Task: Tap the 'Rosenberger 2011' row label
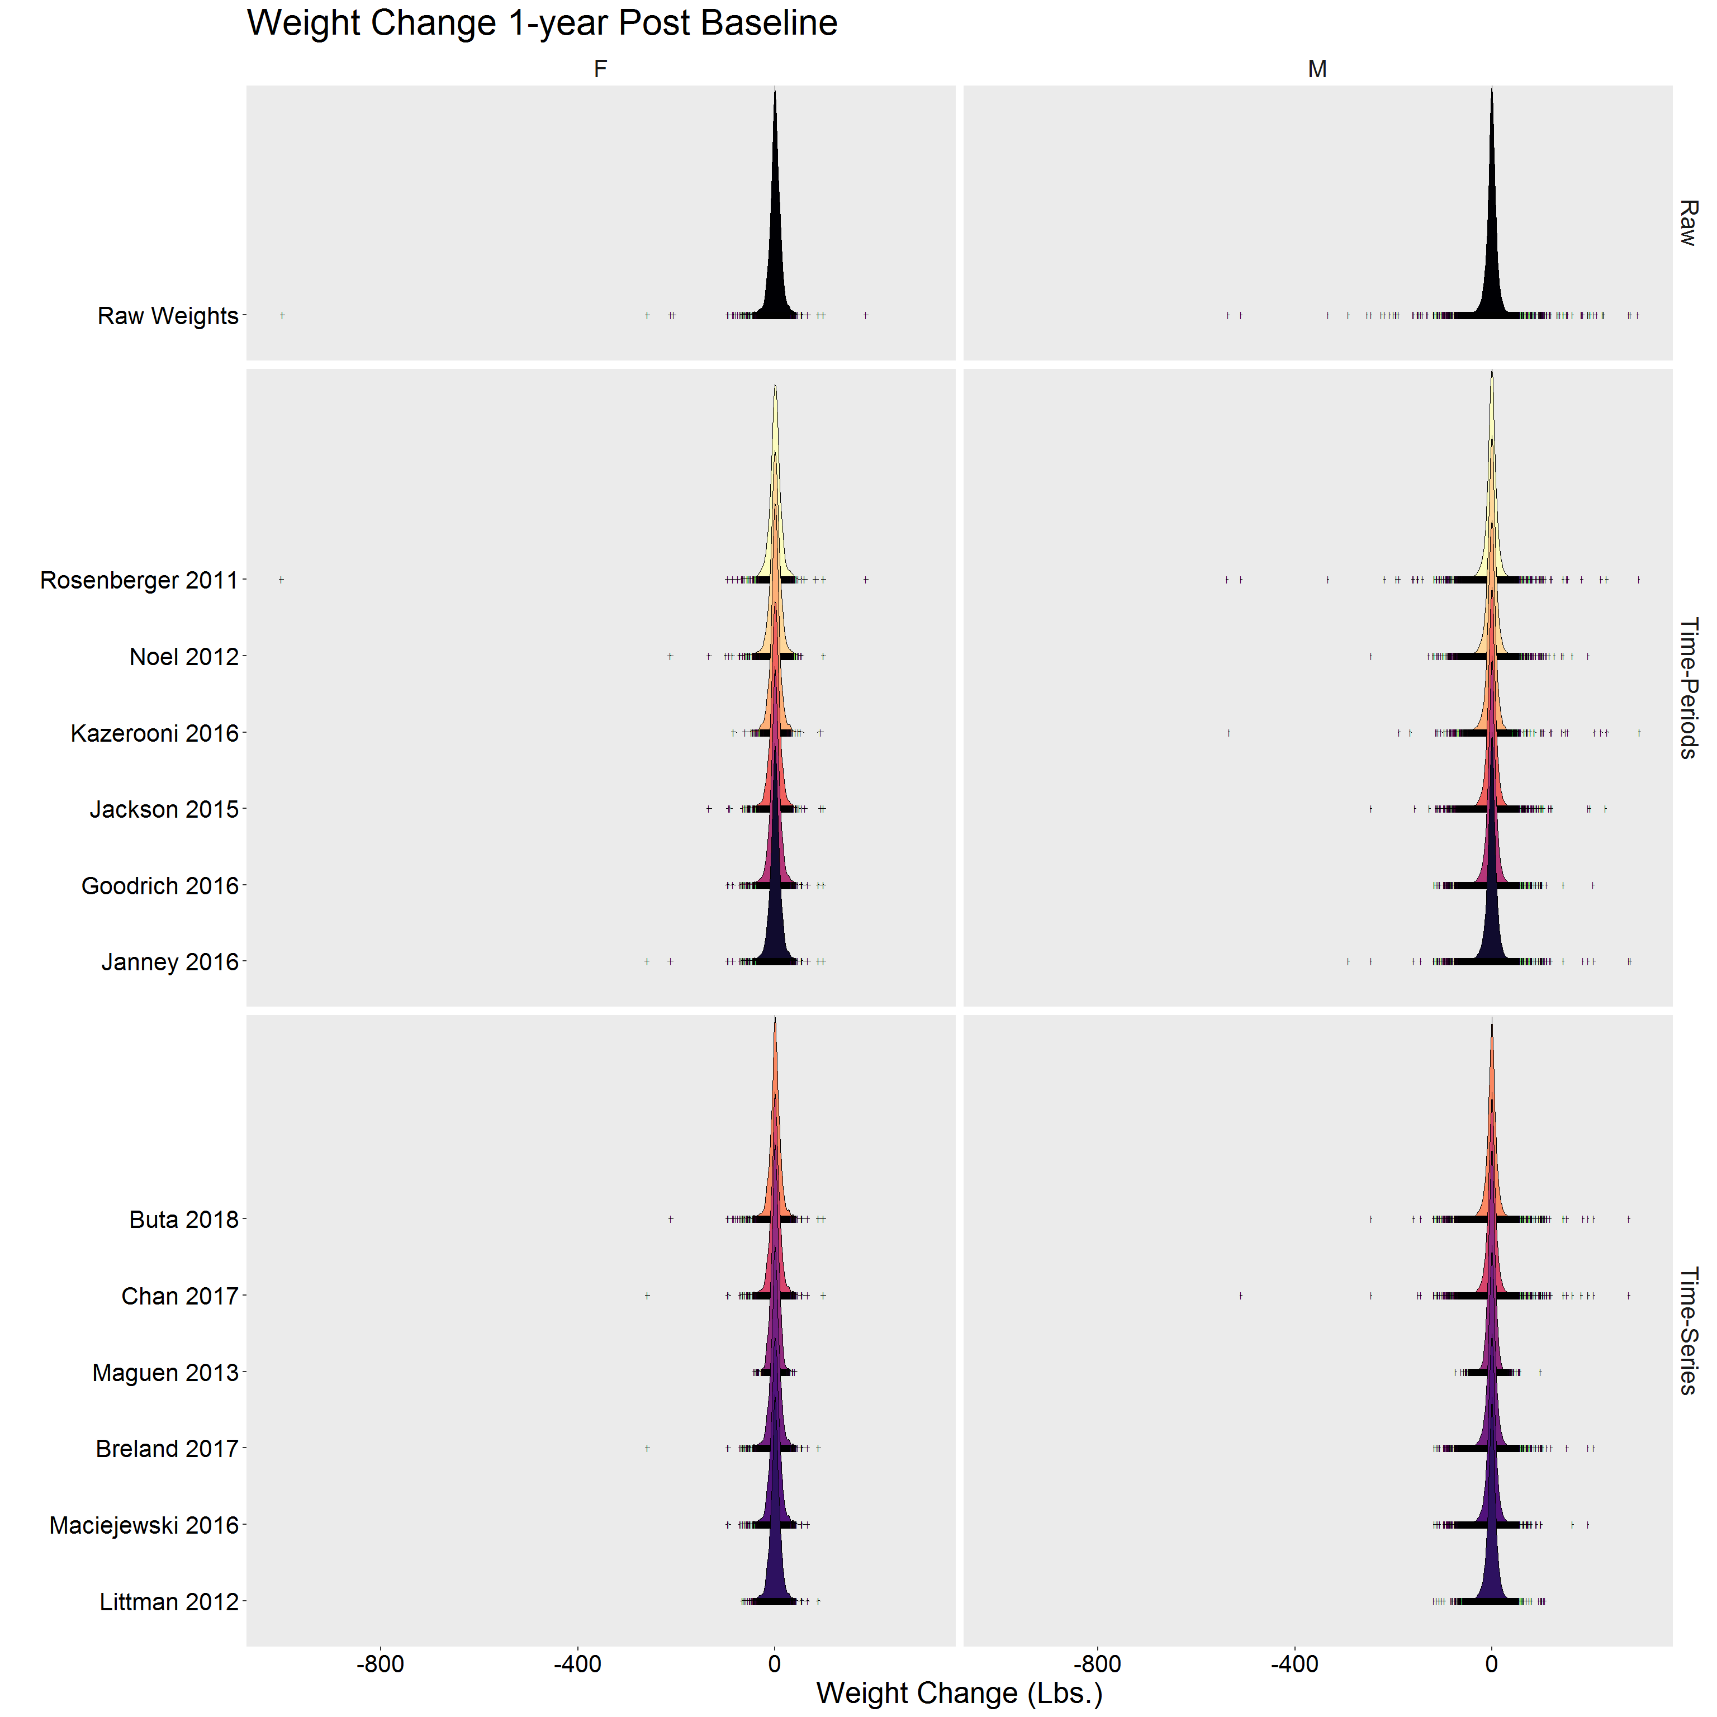(x=140, y=580)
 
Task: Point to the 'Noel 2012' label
(x=184, y=657)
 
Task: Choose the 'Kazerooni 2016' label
(x=155, y=733)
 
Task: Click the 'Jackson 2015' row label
(x=164, y=810)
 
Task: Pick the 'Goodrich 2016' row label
(x=160, y=886)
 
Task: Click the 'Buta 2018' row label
(x=184, y=1220)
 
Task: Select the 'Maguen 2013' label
(x=165, y=1373)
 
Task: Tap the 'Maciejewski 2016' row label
(x=144, y=1525)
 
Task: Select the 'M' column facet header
(x=1317, y=69)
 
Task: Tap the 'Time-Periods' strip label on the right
(x=1688, y=688)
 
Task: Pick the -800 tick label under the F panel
(x=381, y=1664)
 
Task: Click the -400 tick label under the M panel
(x=1294, y=1664)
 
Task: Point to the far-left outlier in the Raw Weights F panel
(x=282, y=315)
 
